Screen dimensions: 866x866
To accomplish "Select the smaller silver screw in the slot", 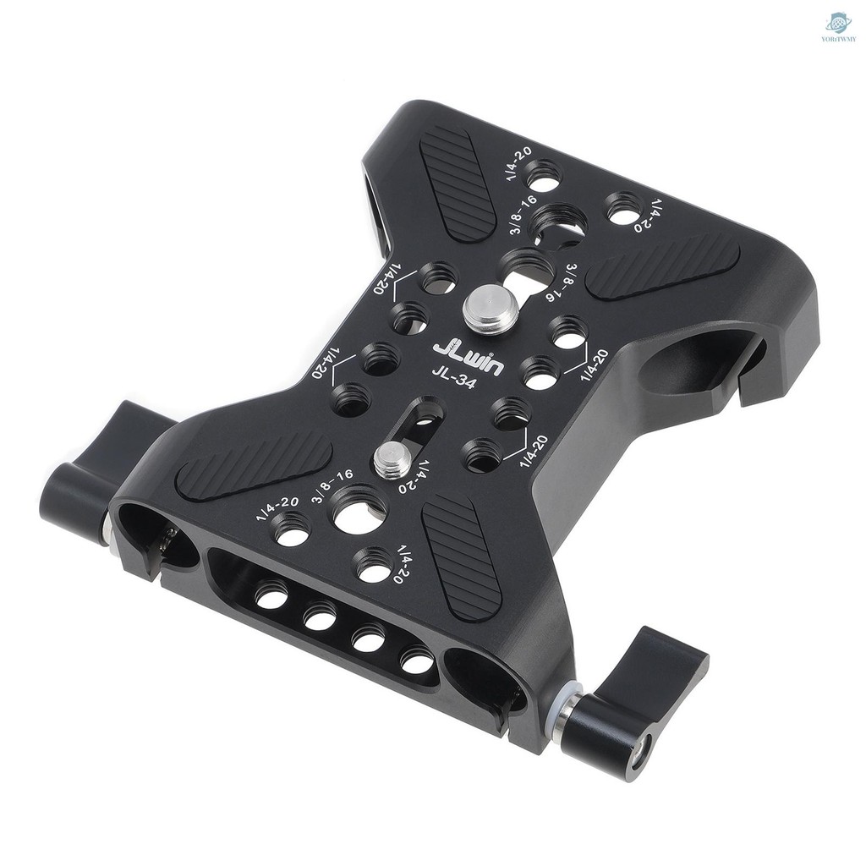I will point(392,460).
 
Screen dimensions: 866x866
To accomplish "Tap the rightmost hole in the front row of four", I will point(416,660).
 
